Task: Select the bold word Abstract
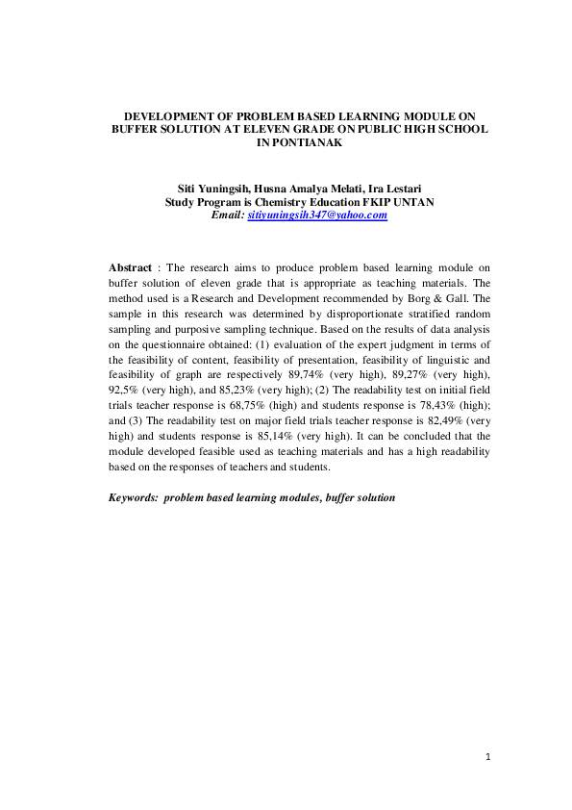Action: (x=130, y=266)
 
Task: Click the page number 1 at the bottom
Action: (x=488, y=757)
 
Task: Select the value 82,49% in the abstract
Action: (x=436, y=419)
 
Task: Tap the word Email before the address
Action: (x=226, y=216)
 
